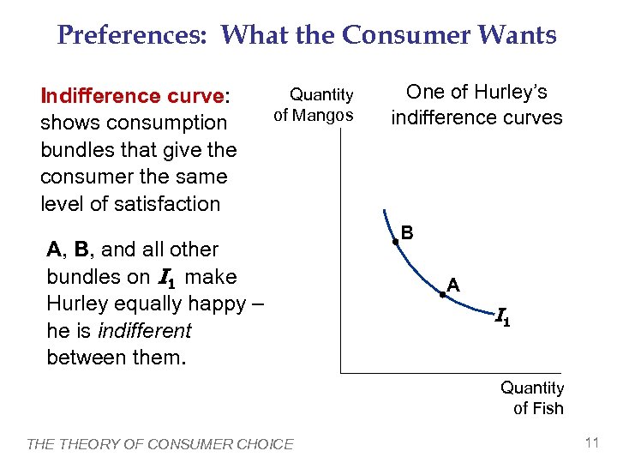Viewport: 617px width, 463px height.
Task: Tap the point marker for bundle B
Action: click(x=395, y=243)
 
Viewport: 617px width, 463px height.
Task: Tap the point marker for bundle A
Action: click(x=442, y=294)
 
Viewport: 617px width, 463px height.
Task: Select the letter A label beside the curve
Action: click(x=454, y=284)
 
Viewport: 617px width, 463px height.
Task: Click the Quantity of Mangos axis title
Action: click(x=314, y=104)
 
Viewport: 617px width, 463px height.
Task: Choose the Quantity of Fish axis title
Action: click(x=533, y=398)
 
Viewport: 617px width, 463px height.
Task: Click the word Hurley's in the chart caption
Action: click(x=506, y=93)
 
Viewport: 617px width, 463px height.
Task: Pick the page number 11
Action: click(x=590, y=442)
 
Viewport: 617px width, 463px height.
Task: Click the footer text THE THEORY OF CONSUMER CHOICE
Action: click(x=160, y=443)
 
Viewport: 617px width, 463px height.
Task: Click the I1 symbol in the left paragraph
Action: click(x=169, y=277)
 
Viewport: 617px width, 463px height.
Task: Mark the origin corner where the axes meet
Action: click(x=341, y=372)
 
